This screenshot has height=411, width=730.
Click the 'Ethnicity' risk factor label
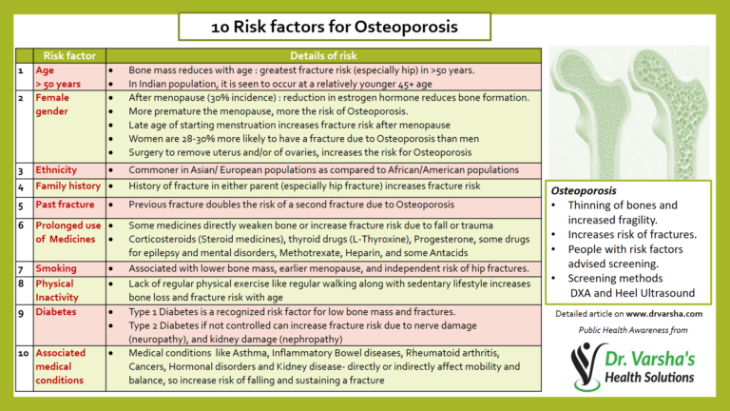tap(56, 169)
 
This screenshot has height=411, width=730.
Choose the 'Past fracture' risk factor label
tap(64, 205)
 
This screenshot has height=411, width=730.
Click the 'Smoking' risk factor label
tap(55, 268)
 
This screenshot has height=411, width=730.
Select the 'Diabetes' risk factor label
tap(56, 311)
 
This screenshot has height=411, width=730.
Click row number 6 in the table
tap(21, 225)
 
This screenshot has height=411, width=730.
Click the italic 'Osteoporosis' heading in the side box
tap(587, 190)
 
